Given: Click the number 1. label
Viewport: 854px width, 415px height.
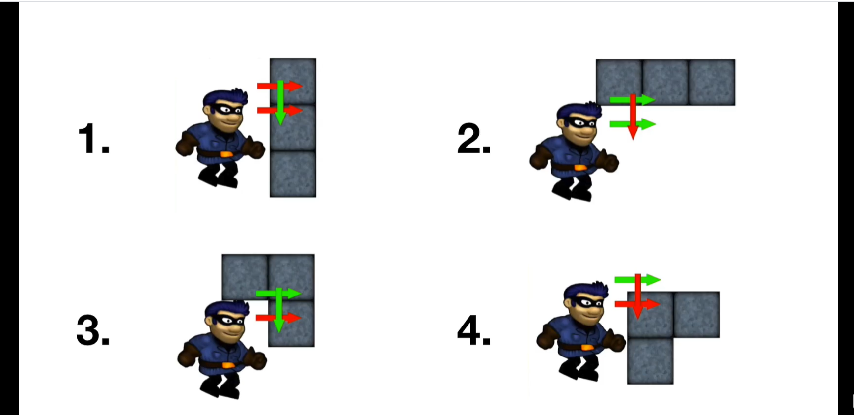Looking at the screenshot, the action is tap(94, 139).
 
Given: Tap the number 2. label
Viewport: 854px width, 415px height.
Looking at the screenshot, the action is tap(474, 139).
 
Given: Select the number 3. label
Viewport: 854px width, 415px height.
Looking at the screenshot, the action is tap(93, 330).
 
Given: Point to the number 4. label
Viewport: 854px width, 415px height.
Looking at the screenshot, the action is tap(474, 330).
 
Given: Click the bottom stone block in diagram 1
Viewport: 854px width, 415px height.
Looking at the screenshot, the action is tap(293, 174).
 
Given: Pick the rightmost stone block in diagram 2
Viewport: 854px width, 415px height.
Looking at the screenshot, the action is tap(712, 82).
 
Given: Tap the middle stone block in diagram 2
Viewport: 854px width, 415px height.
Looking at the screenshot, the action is tap(665, 82).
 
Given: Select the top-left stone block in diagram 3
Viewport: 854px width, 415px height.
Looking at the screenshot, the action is tap(245, 277).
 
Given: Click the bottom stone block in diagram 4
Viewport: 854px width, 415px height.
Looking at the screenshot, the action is tap(650, 361).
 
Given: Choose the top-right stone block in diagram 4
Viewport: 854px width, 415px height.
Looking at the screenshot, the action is tap(697, 315).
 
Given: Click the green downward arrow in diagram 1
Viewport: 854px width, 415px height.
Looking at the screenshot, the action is tap(280, 102).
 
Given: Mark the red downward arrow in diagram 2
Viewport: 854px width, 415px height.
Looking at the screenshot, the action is tap(633, 117).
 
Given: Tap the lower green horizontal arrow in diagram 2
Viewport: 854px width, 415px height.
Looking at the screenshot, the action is tap(633, 124).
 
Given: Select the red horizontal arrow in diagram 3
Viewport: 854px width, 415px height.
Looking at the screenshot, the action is tap(278, 318).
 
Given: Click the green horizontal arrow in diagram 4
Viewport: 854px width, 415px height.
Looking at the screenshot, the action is tap(638, 280).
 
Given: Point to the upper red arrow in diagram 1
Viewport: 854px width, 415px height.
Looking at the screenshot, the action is tap(280, 86).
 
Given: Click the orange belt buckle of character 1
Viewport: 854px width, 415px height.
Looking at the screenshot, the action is tap(226, 154).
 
